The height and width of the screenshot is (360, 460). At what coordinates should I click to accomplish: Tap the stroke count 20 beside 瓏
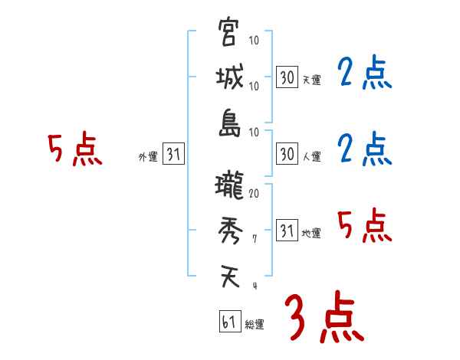[254, 194]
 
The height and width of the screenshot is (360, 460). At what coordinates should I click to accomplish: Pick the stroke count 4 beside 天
[254, 285]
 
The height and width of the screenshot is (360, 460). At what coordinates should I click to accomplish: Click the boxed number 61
[228, 322]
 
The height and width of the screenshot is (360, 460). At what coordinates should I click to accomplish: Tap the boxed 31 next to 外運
[173, 155]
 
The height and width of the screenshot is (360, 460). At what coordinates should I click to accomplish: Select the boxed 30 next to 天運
[287, 77]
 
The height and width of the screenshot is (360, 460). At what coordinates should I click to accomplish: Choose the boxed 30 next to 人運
[287, 155]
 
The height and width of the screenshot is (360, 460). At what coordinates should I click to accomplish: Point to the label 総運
[255, 325]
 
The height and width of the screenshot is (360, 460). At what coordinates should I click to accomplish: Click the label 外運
[148, 157]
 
